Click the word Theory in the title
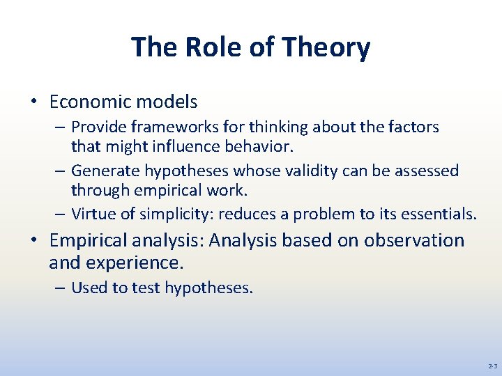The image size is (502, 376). pyautogui.click(x=326, y=47)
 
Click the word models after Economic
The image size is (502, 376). pyautogui.click(x=167, y=102)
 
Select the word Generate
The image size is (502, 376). pyautogui.click(x=105, y=171)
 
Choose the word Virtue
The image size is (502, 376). pyautogui.click(x=94, y=214)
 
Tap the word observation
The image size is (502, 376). pyautogui.click(x=413, y=240)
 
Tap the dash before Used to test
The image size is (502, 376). pyautogui.click(x=60, y=288)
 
